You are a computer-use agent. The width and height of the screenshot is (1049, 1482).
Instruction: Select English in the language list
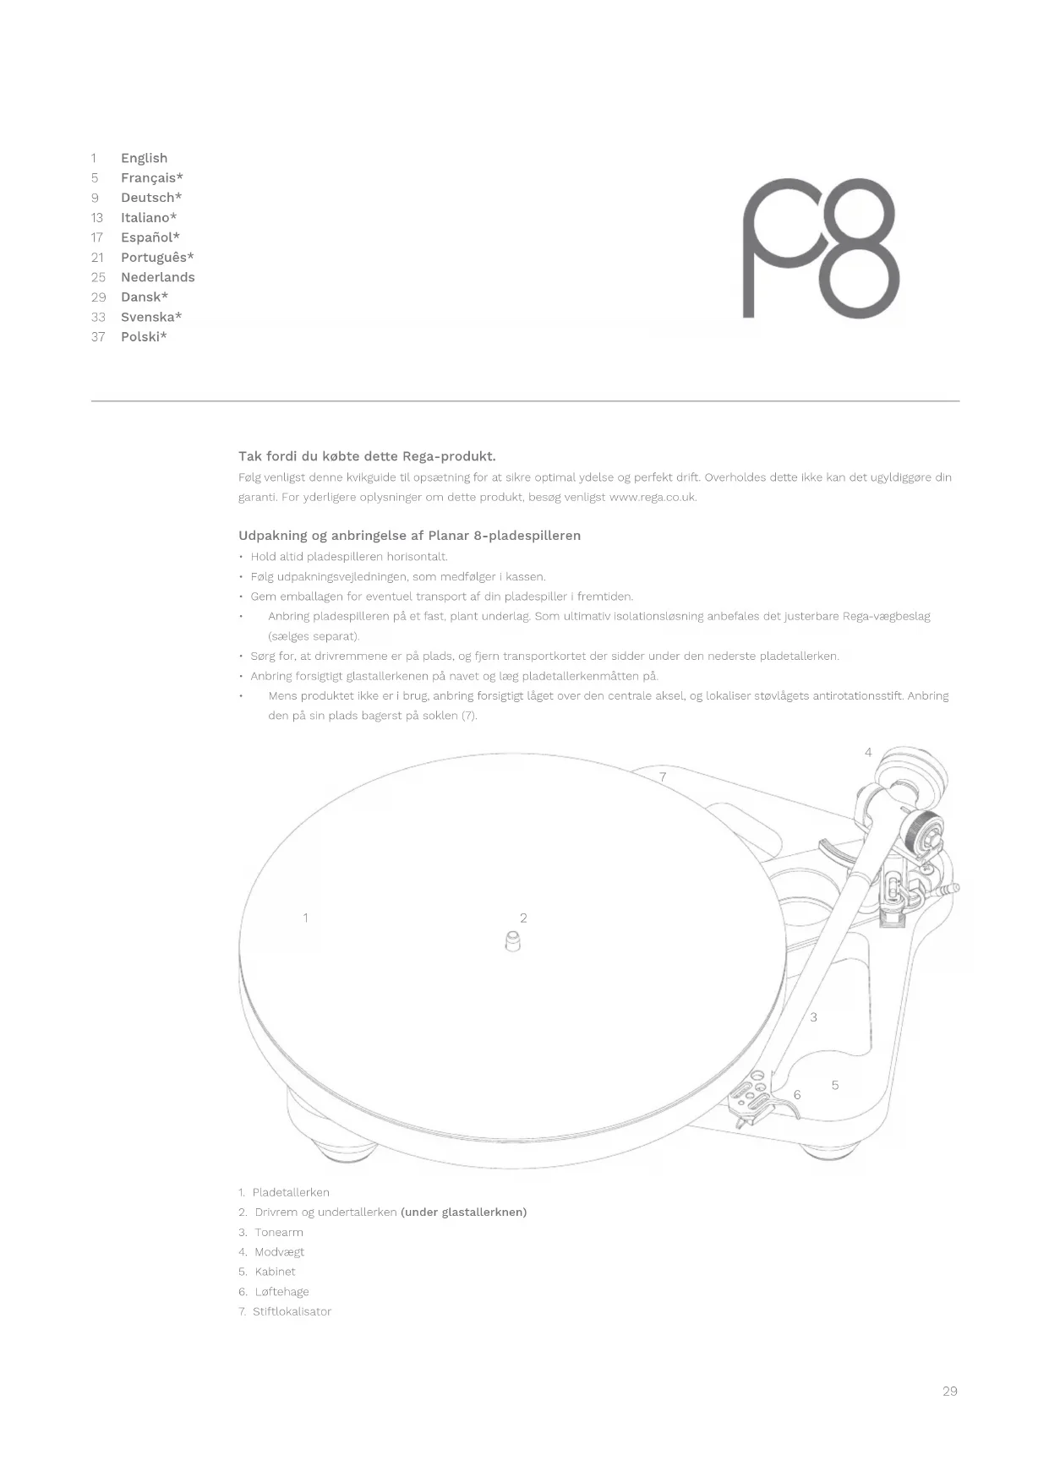click(144, 158)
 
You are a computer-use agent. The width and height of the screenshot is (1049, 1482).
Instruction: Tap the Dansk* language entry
click(144, 297)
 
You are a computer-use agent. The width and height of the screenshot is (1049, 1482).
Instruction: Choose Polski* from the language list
click(144, 336)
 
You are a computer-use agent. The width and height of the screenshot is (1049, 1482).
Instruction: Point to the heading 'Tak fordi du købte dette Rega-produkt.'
click(367, 456)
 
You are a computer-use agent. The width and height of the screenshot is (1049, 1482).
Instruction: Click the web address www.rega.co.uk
click(653, 497)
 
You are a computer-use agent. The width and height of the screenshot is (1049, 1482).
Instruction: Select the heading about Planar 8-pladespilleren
click(409, 536)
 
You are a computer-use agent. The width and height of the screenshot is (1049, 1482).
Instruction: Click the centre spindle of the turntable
click(512, 940)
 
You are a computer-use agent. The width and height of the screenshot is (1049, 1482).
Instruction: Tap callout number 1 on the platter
click(305, 918)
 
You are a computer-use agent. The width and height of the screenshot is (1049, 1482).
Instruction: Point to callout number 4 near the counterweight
click(868, 752)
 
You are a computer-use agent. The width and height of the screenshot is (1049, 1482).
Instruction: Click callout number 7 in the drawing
click(663, 776)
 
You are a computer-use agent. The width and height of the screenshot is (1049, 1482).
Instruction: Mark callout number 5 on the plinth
click(835, 1085)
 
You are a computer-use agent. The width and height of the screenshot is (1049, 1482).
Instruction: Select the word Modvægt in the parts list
click(279, 1252)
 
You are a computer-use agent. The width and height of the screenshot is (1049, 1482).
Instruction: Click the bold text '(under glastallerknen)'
click(463, 1212)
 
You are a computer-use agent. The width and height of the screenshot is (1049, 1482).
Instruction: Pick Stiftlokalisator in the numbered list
click(292, 1311)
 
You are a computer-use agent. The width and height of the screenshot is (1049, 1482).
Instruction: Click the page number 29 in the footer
click(949, 1391)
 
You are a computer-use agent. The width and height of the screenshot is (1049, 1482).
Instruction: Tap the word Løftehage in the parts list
click(281, 1292)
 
